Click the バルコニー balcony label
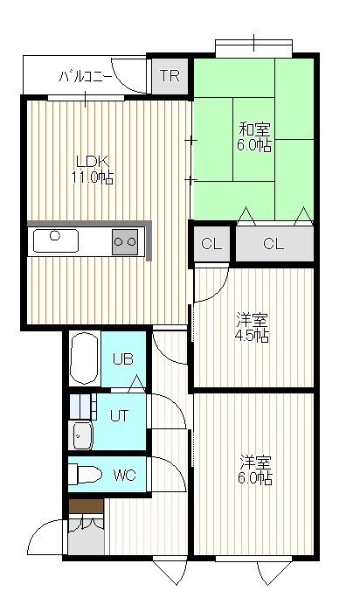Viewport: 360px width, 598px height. (x=86, y=77)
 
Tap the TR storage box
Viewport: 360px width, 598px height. (x=170, y=75)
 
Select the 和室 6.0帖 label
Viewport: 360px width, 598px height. (x=254, y=137)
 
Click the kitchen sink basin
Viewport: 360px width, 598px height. (x=56, y=240)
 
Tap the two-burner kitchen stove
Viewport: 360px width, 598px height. (x=125, y=241)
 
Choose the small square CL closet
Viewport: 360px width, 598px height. (x=211, y=243)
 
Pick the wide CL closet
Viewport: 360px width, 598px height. (x=274, y=243)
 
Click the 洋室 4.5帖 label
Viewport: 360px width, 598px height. (x=252, y=328)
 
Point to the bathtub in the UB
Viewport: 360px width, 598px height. (x=85, y=358)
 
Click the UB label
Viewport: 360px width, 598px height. (x=123, y=358)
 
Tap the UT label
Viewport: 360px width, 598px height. (x=120, y=415)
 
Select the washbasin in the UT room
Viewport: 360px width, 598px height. (x=82, y=435)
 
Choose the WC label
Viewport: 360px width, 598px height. (x=125, y=476)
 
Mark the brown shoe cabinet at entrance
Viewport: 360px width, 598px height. (x=87, y=505)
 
